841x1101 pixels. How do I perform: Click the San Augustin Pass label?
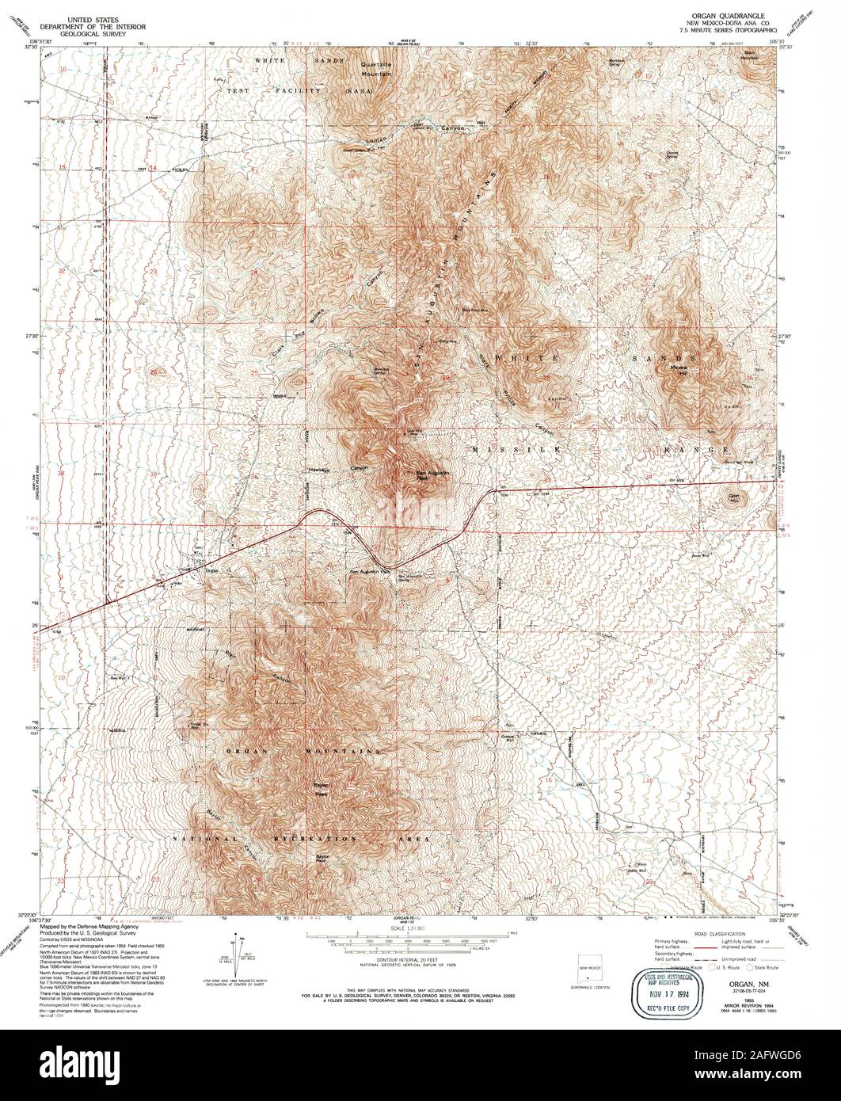tap(371, 570)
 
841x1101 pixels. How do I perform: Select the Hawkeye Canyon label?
tap(338, 470)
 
